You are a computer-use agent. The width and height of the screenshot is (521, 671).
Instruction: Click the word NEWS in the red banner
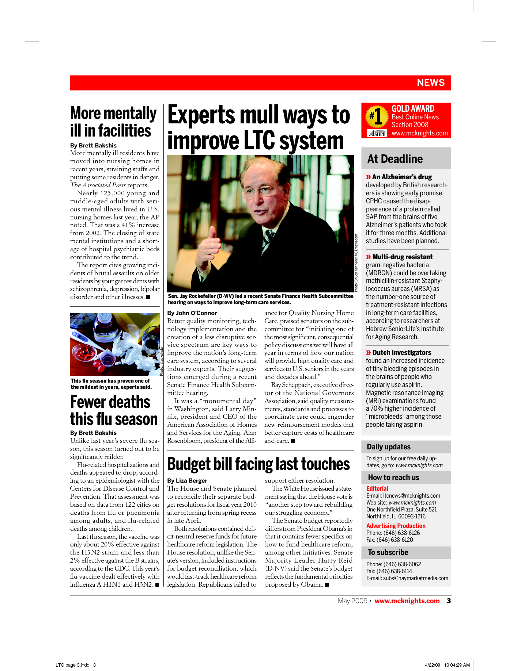[431, 83]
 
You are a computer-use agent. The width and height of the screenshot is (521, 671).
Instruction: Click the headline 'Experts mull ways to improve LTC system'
[258, 128]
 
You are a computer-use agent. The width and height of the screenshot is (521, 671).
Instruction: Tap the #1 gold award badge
[376, 117]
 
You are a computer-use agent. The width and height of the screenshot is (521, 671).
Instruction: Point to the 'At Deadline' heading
[395, 159]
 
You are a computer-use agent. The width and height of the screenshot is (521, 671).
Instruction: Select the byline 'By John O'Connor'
[192, 313]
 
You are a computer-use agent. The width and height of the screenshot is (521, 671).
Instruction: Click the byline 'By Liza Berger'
[187, 480]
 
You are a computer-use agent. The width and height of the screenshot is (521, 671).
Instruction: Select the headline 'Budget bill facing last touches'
[258, 464]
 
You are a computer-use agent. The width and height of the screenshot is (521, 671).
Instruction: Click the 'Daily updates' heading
[389, 447]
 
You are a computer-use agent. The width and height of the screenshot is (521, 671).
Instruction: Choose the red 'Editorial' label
[377, 488]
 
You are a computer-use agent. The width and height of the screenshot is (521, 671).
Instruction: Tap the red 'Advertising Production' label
[396, 526]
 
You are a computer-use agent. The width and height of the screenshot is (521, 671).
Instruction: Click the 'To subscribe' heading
[388, 552]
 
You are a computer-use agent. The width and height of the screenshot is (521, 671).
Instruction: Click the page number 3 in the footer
[449, 601]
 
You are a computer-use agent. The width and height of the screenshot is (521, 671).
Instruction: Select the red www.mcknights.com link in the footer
[407, 601]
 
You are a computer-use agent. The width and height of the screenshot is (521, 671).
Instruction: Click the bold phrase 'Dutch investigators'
[401, 352]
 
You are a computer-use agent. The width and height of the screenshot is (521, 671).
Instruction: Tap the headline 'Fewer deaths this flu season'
[114, 410]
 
